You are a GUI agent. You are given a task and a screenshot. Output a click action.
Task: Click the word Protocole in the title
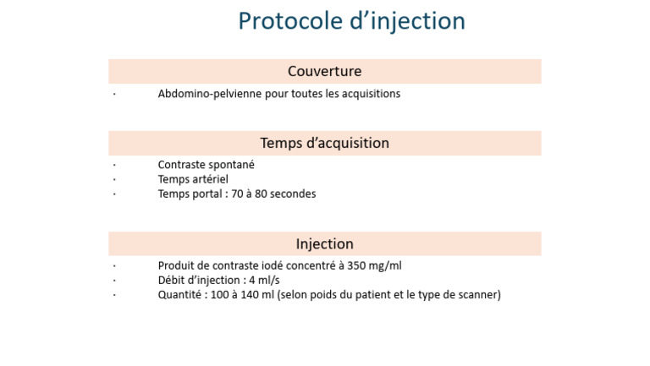(x=289, y=20)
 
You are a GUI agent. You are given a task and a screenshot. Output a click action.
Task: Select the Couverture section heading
(x=325, y=71)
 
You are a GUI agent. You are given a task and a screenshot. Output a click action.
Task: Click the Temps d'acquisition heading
(x=325, y=143)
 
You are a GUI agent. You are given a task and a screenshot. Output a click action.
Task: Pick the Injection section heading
(x=325, y=244)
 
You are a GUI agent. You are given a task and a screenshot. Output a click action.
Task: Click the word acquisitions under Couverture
(x=371, y=94)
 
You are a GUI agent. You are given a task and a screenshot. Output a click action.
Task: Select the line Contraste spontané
(x=206, y=165)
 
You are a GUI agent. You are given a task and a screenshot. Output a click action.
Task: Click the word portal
(x=207, y=194)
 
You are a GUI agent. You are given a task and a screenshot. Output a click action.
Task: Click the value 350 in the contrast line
(x=356, y=265)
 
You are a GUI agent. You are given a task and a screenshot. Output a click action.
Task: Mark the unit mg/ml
(x=385, y=266)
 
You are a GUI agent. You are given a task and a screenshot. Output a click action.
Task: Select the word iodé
(x=273, y=265)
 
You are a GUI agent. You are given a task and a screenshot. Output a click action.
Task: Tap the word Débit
(x=170, y=281)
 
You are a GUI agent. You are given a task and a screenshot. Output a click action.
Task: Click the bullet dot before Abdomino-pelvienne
(x=114, y=95)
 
